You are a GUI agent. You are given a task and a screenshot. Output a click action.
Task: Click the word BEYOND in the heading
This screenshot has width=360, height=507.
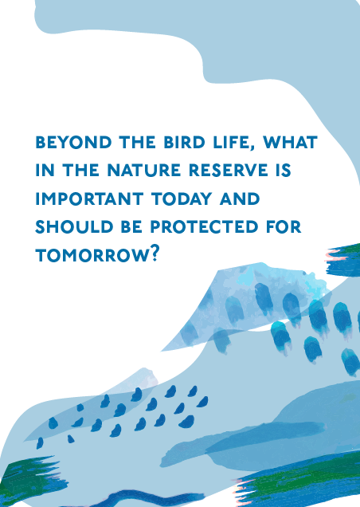(x=74, y=143)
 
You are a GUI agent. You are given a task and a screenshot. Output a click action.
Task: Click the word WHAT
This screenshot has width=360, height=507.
(x=290, y=143)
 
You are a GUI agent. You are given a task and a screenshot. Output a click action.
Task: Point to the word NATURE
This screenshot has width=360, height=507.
(x=144, y=171)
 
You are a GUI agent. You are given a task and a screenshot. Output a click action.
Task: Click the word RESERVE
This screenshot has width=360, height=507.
(x=229, y=171)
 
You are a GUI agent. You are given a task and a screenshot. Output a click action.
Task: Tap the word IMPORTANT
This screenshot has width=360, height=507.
(x=89, y=198)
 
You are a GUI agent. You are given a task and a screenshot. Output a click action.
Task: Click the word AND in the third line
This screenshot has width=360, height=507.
(x=240, y=198)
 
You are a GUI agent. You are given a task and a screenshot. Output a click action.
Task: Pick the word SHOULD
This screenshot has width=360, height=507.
(x=74, y=226)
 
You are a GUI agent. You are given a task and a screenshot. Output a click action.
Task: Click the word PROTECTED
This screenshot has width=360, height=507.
(x=204, y=226)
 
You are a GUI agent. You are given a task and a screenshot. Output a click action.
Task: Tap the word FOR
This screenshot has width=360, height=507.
(x=284, y=226)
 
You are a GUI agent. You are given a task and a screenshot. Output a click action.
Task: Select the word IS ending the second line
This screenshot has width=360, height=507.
(x=284, y=171)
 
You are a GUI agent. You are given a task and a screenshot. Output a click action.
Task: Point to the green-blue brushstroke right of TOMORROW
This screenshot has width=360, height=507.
(x=343, y=261)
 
